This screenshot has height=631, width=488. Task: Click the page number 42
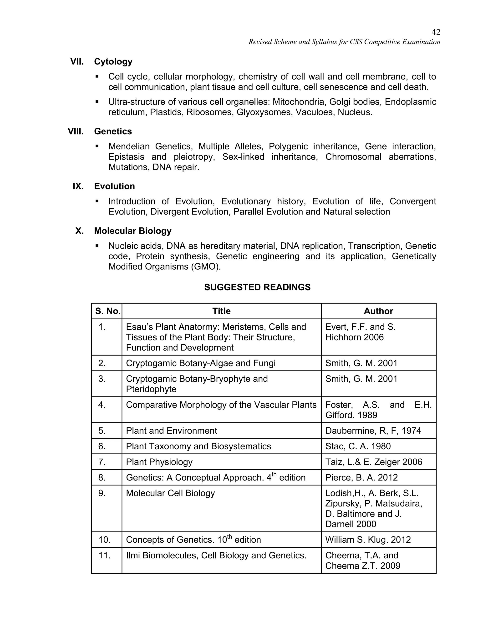pos(436,32)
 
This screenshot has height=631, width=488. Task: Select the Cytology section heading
pos(113,61)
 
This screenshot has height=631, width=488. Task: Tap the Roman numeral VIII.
pos(76,131)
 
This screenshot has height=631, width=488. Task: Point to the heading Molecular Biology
pos(133,231)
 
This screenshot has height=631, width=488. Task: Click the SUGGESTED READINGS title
pos(257,287)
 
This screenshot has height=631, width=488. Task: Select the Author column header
pos(378,311)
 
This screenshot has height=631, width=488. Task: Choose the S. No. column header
pos(107,311)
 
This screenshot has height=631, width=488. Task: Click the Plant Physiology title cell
pos(159,462)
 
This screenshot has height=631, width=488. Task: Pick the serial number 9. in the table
pos(102,493)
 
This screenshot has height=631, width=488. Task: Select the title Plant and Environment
pos(171,431)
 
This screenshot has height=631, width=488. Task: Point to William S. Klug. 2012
pos(368,540)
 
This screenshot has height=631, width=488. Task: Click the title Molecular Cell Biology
pos(170,493)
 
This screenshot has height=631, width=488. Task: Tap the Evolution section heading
pos(114,186)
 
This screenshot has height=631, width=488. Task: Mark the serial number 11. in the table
pos(104,555)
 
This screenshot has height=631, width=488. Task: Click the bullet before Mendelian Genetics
pos(97,146)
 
